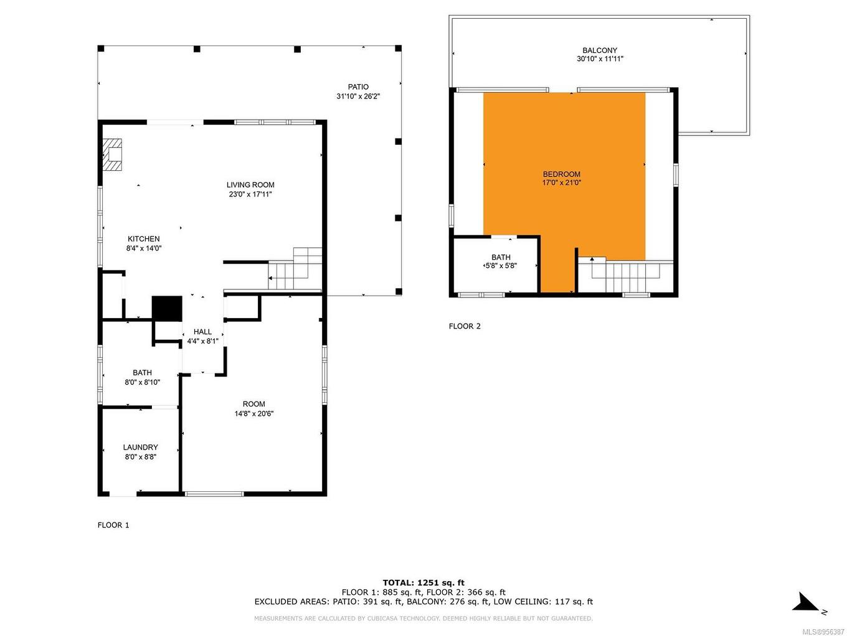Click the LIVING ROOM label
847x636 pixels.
pos(250,185)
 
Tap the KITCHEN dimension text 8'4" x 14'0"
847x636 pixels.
pos(143,248)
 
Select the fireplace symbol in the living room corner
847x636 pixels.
pos(113,155)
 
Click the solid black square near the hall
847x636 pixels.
pos(167,308)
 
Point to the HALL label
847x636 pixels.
pos(202,332)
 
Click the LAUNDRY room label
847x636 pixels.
pos(140,447)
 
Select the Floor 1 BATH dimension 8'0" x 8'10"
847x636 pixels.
pos(143,382)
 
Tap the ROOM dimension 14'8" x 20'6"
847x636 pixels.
pos(254,413)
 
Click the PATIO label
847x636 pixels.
pos(358,87)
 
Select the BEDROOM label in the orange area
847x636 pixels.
pos(561,175)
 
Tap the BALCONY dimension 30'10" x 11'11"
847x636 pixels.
pos(600,59)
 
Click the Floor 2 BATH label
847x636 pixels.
pos(501,257)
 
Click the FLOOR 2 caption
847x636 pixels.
pos(465,326)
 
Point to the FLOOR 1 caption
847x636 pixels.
pos(113,525)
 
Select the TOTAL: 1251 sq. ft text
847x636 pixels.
pos(423,582)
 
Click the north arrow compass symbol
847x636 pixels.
pos(807,604)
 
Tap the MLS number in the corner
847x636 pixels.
pos(823,631)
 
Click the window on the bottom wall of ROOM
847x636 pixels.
pos(214,494)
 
